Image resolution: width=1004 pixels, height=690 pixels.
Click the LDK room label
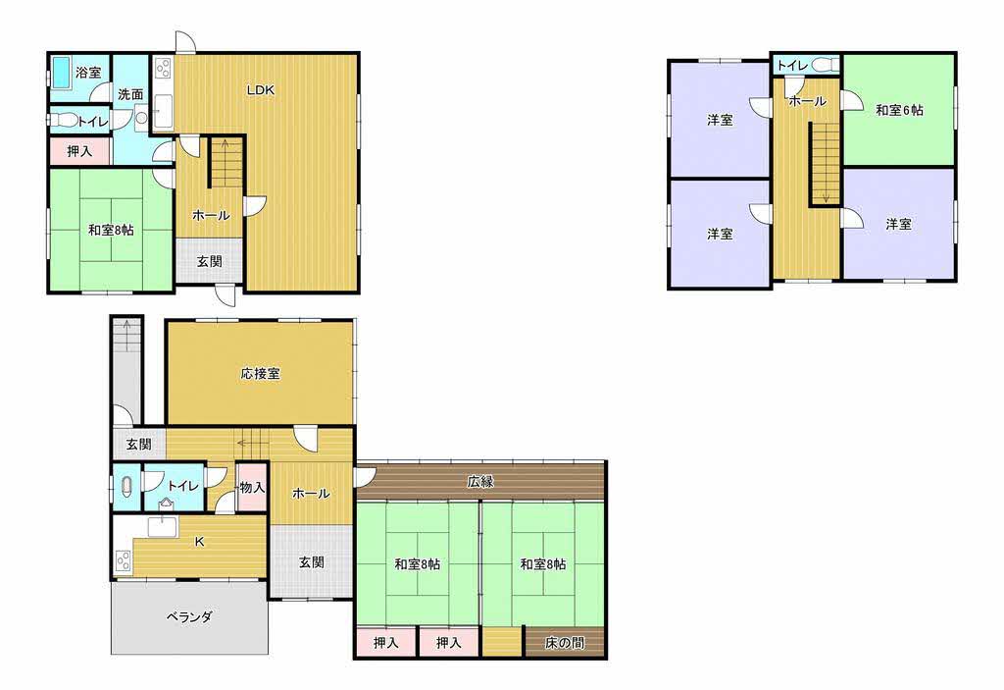(x=261, y=90)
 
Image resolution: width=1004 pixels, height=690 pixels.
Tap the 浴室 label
(x=88, y=73)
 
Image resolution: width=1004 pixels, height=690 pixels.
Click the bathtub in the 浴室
(x=62, y=73)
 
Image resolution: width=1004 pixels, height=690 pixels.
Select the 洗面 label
(x=130, y=94)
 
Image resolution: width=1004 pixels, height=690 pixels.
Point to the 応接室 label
(x=261, y=373)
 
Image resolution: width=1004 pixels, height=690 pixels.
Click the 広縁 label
(x=480, y=481)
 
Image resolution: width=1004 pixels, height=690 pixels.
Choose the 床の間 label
(x=565, y=643)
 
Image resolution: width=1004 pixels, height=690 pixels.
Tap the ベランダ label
(x=189, y=617)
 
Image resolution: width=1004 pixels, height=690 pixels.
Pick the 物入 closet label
(x=252, y=488)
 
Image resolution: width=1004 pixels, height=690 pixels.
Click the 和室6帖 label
(x=900, y=110)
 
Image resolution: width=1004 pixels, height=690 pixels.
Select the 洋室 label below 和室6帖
(x=898, y=224)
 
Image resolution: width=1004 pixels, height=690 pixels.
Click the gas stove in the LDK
(x=162, y=69)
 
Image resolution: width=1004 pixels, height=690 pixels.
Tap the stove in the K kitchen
(x=123, y=561)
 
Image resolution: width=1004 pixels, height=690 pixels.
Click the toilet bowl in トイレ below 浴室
(x=63, y=121)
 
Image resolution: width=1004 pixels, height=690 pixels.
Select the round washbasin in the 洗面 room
(x=141, y=118)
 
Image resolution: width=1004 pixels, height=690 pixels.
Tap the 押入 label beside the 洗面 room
(x=80, y=151)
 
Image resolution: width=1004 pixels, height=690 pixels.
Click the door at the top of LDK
(x=186, y=42)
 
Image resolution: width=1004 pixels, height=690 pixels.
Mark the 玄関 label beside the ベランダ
(x=312, y=562)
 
